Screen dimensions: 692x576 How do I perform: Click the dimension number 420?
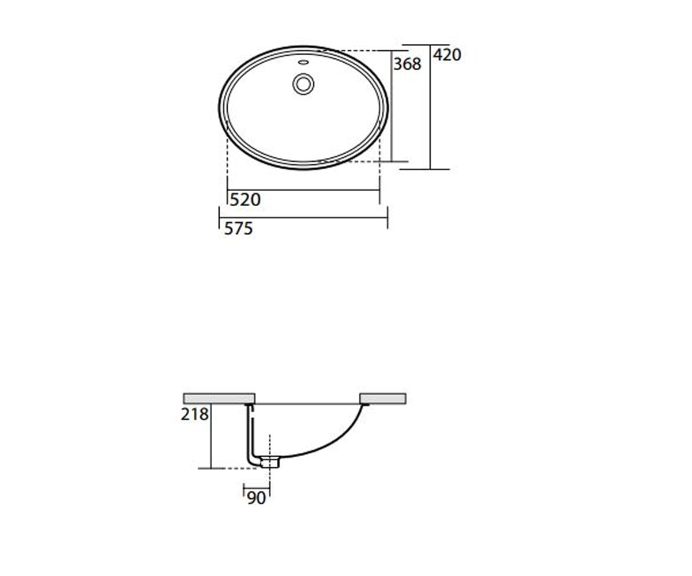point(447,55)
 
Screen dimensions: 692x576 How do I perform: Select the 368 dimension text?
point(407,64)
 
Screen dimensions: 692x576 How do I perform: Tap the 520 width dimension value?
point(245,200)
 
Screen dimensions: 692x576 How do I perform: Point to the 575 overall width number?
point(238,229)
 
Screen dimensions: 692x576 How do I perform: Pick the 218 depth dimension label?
point(194,414)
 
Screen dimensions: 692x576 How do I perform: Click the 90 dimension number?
point(257,498)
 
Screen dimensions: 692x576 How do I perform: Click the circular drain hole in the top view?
point(303,84)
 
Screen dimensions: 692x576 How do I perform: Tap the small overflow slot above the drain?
point(303,62)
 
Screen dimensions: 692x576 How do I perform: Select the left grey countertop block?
point(219,398)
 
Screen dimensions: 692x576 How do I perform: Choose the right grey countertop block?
point(383,398)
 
